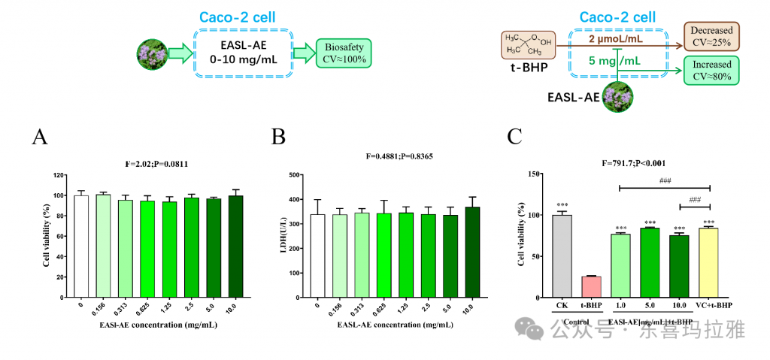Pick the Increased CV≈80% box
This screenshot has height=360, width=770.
click(x=711, y=71)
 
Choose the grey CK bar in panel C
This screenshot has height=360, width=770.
click(x=562, y=256)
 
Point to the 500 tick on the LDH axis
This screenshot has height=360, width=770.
click(x=298, y=175)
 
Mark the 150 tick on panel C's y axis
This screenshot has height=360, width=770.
click(x=536, y=174)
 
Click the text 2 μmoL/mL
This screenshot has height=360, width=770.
click(x=615, y=38)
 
